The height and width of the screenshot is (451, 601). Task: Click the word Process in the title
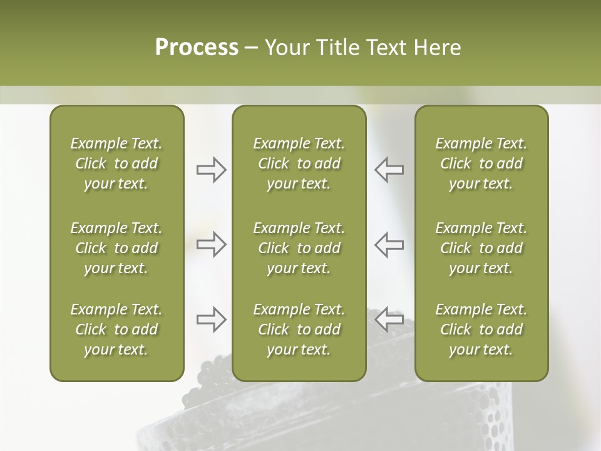pos(197,48)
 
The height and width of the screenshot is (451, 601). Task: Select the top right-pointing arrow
pos(211,170)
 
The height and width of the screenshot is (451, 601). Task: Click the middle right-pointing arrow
pos(211,244)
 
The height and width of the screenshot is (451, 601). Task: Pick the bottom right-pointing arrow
pos(211,319)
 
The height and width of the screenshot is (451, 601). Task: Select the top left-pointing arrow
pos(389,170)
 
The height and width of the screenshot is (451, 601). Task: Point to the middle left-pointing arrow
pos(389,244)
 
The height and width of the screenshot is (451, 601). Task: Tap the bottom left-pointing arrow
pos(389,319)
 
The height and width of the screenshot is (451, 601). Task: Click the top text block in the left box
pos(116,163)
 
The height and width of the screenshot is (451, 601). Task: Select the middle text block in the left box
pos(116,248)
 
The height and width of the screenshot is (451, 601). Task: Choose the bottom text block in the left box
pos(116,329)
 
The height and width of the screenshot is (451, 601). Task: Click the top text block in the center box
pos(299,163)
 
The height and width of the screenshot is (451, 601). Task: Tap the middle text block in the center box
pos(299,248)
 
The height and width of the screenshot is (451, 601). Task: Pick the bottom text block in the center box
pos(299,329)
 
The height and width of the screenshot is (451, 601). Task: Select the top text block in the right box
pos(481,163)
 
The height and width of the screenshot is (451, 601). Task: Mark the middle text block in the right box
pos(481,248)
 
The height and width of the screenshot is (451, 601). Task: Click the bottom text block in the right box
pos(481,329)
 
